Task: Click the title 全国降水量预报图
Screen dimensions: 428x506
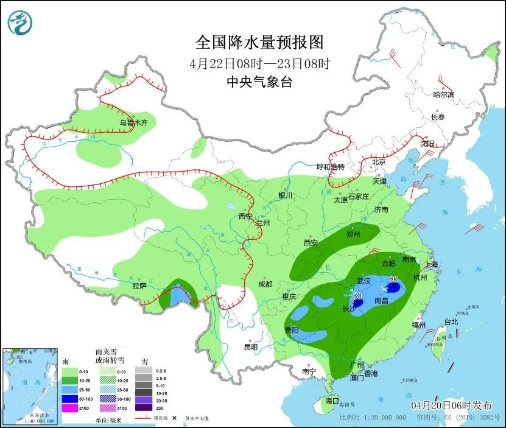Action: [x=259, y=42]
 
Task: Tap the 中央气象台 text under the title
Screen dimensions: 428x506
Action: [x=259, y=82]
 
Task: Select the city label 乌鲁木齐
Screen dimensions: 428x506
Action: [x=133, y=122]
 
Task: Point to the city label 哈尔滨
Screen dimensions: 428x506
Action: [x=443, y=94]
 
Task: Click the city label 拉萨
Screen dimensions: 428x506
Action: [x=139, y=286]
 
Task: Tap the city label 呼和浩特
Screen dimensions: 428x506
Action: [x=331, y=167]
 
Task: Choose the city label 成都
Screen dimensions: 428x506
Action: [x=264, y=284]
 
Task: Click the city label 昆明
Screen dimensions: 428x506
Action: [x=250, y=346]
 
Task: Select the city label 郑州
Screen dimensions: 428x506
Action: [x=353, y=234]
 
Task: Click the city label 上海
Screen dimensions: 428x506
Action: [x=431, y=264]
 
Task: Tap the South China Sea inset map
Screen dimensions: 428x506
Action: [x=30, y=386]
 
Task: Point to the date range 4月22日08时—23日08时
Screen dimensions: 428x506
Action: [x=259, y=63]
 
